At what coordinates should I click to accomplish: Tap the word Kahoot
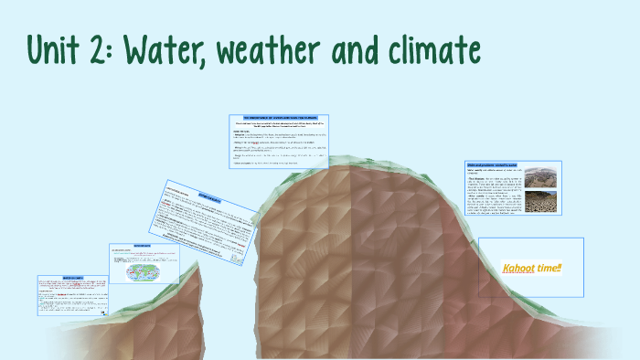tap(519, 269)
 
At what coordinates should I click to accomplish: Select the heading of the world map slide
tap(143, 246)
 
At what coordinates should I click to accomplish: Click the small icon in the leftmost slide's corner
tap(103, 311)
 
